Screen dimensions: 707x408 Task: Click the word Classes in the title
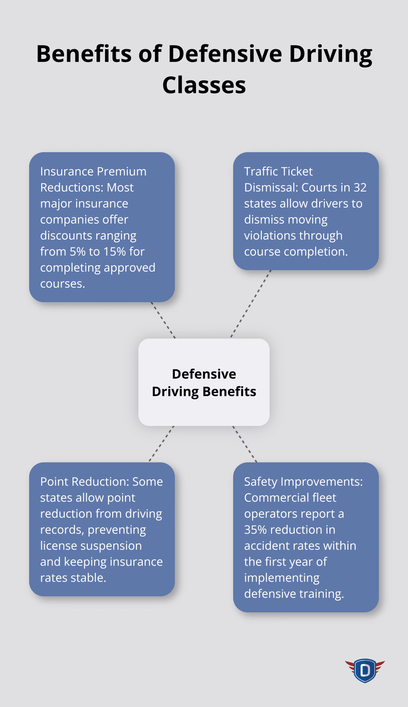(204, 85)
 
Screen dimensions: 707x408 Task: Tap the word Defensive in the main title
(225, 54)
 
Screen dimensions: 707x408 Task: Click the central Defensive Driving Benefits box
(204, 382)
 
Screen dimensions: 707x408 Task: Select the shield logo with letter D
(365, 670)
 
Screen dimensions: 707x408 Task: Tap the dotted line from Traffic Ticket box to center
(251, 304)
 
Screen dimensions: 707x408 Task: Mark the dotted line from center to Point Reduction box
(161, 444)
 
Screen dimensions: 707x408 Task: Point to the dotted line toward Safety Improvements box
(245, 444)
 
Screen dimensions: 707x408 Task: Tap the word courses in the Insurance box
(62, 284)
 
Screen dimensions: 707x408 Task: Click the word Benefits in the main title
(84, 54)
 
